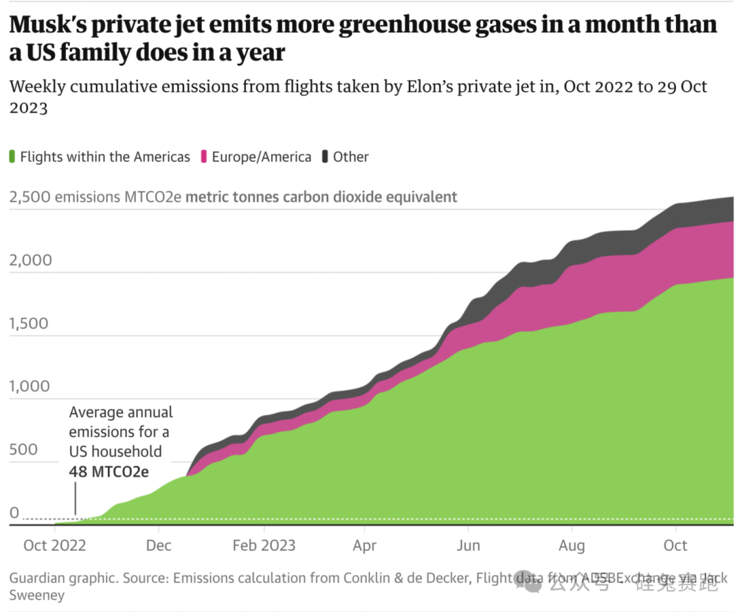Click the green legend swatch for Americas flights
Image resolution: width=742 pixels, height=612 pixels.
coord(13,157)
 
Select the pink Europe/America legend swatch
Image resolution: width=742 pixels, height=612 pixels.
coord(204,157)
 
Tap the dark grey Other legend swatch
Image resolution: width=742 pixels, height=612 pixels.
coord(326,157)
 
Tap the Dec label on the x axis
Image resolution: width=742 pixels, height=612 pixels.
coord(159,545)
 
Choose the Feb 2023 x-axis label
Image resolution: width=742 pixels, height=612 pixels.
coord(265,545)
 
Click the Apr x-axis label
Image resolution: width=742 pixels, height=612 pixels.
coord(365,545)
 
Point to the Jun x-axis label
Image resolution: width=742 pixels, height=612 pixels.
coord(469,545)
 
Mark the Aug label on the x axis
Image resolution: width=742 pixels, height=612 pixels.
coord(572,545)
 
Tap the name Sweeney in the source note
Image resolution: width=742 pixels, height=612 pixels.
coord(37,595)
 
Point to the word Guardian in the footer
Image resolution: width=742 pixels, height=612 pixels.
coord(38,578)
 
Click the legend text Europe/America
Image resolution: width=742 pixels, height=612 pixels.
coord(261,157)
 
